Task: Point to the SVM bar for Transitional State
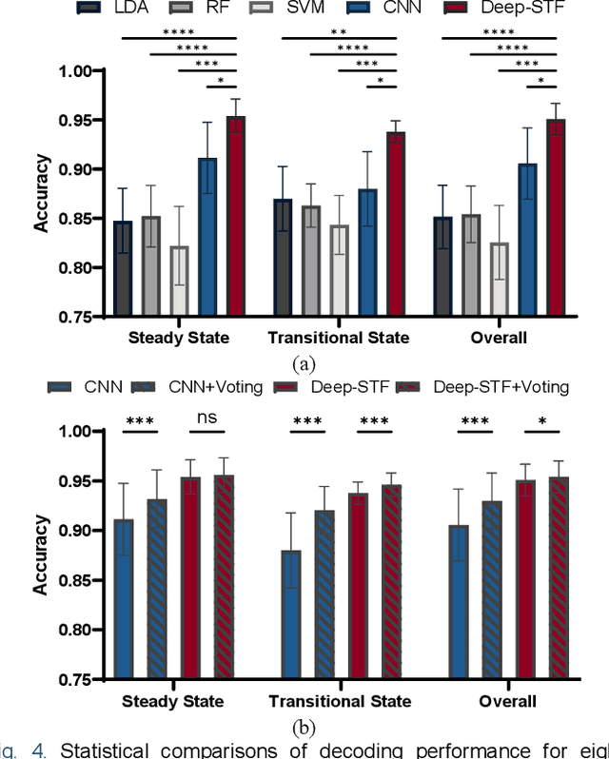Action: tap(338, 270)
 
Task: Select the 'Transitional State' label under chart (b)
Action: tap(339, 701)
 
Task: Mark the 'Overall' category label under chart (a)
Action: tap(495, 338)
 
